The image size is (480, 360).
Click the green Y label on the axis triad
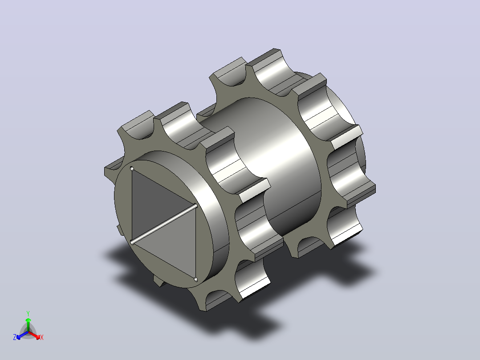point(28,314)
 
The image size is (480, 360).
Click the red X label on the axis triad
point(42,337)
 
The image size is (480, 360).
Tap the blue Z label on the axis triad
point(14,337)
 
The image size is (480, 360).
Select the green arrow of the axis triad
point(28,324)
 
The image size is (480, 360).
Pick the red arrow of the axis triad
point(35,335)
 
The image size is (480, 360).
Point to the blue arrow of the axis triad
point(22,335)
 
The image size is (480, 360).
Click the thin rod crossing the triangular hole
point(164,224)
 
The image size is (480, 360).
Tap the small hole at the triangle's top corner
point(132,168)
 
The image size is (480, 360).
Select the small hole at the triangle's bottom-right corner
point(196,279)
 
